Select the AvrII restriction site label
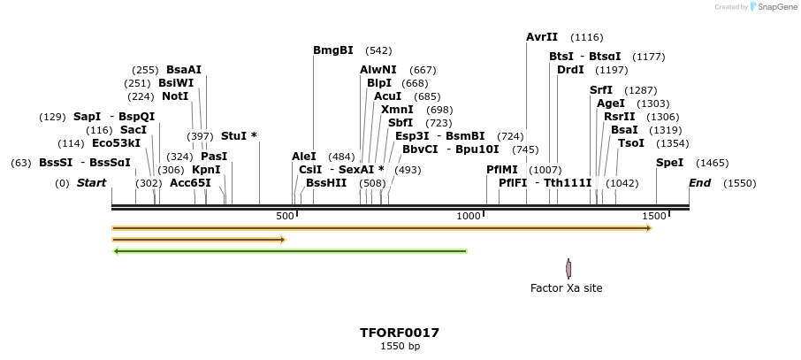click(x=542, y=37)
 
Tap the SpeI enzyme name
click(x=669, y=163)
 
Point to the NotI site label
click(x=175, y=96)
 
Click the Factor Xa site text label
click(x=566, y=287)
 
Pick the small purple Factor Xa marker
click(x=568, y=268)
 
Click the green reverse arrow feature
click(x=290, y=251)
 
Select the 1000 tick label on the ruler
click(x=468, y=216)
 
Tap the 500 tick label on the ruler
click(x=285, y=216)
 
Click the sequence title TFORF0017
click(x=400, y=333)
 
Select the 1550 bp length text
click(x=400, y=346)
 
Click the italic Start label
click(x=91, y=183)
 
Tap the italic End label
click(x=699, y=183)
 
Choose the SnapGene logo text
click(x=774, y=7)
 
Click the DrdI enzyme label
click(x=570, y=70)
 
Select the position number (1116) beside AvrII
click(x=587, y=37)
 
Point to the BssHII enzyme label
click(x=326, y=183)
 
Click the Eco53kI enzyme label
click(x=116, y=143)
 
